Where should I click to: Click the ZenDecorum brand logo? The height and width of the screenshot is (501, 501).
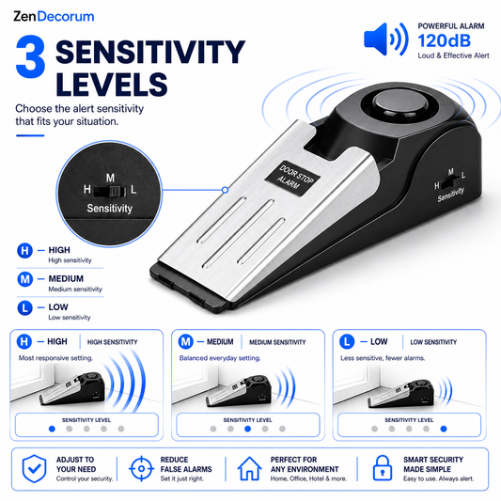pyautogui.click(x=54, y=17)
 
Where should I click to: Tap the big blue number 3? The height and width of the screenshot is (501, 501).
pyautogui.click(x=30, y=56)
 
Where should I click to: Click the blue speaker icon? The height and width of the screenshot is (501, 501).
pyautogui.click(x=386, y=39)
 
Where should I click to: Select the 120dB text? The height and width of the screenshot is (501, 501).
pyautogui.click(x=444, y=41)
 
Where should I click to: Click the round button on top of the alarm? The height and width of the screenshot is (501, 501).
pyautogui.click(x=400, y=103)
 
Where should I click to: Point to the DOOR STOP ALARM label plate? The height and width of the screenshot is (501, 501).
pyautogui.click(x=292, y=178)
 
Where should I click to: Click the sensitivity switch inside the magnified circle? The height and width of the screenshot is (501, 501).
pyautogui.click(x=110, y=191)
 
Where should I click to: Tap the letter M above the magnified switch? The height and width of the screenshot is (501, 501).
pyautogui.click(x=110, y=178)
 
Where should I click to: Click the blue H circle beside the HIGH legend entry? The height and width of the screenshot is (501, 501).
pyautogui.click(x=24, y=251)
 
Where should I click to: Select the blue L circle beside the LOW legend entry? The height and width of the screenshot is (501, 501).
pyautogui.click(x=24, y=308)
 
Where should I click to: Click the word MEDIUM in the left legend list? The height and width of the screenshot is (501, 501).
pyautogui.click(x=66, y=278)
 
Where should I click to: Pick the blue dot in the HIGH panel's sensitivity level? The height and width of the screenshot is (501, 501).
pyautogui.click(x=52, y=429)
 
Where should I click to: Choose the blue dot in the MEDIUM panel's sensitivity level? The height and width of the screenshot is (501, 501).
pyautogui.click(x=247, y=429)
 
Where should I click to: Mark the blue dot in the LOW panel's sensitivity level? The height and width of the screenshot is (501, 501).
pyautogui.click(x=444, y=429)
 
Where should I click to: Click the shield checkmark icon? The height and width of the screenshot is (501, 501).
pyautogui.click(x=34, y=469)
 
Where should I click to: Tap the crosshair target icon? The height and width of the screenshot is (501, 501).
pyautogui.click(x=141, y=469)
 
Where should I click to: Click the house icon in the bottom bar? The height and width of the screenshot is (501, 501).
pyautogui.click(x=249, y=468)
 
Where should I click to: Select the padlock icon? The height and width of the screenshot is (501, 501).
pyautogui.click(x=383, y=468)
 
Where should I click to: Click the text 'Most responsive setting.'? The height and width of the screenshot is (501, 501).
pyautogui.click(x=55, y=358)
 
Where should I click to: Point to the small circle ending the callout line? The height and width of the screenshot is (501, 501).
pyautogui.click(x=225, y=190)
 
